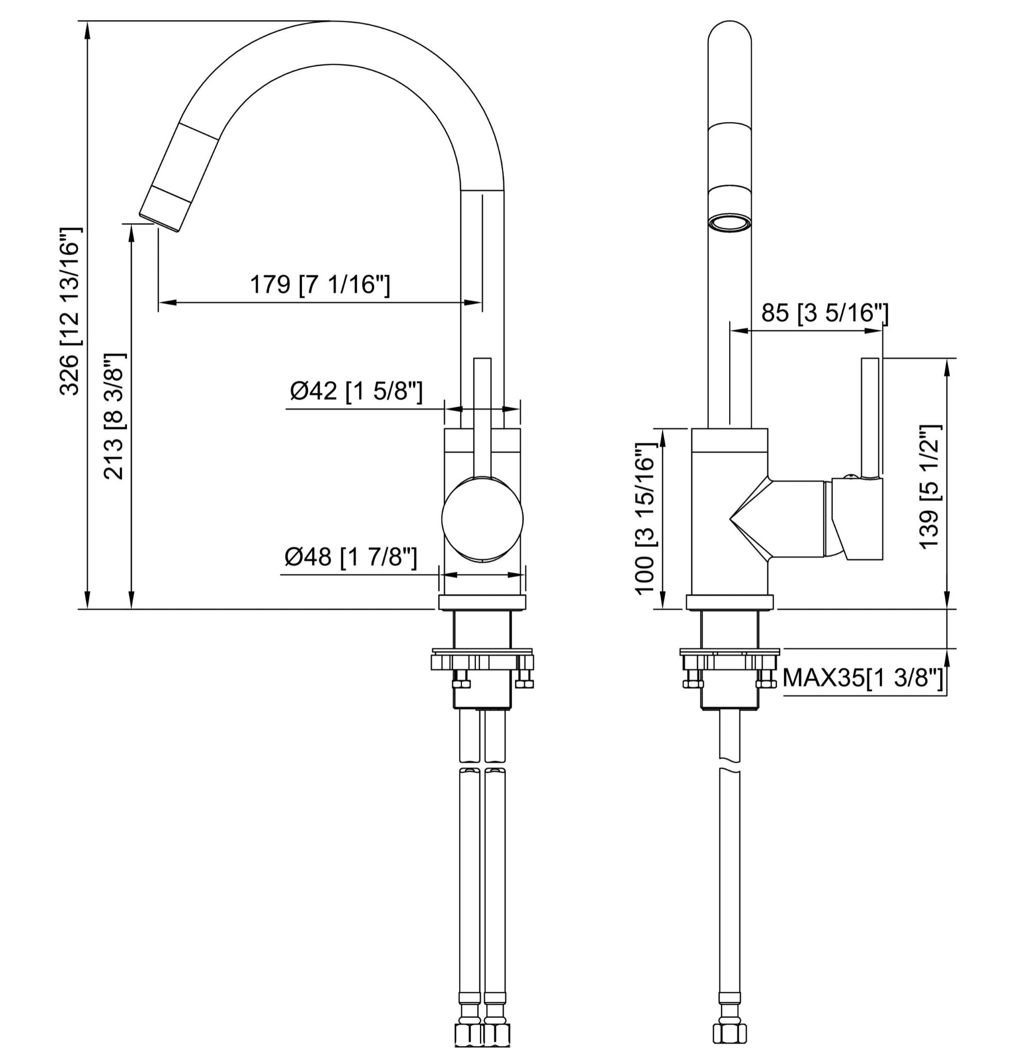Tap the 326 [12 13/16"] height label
tap(70, 311)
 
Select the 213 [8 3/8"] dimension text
tap(115, 416)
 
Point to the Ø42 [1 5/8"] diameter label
tap(357, 391)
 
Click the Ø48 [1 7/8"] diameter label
tap(351, 557)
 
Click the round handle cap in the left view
tap(482, 518)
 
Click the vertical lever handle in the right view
tap(870, 418)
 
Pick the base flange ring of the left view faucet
tap(482, 602)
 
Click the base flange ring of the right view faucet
tap(729, 602)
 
